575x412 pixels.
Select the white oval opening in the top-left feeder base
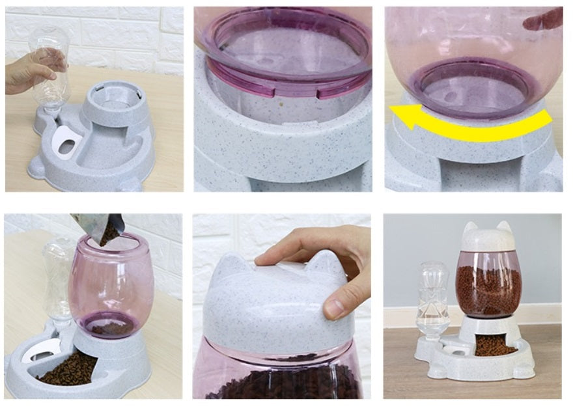65,141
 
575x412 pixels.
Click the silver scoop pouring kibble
98,225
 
